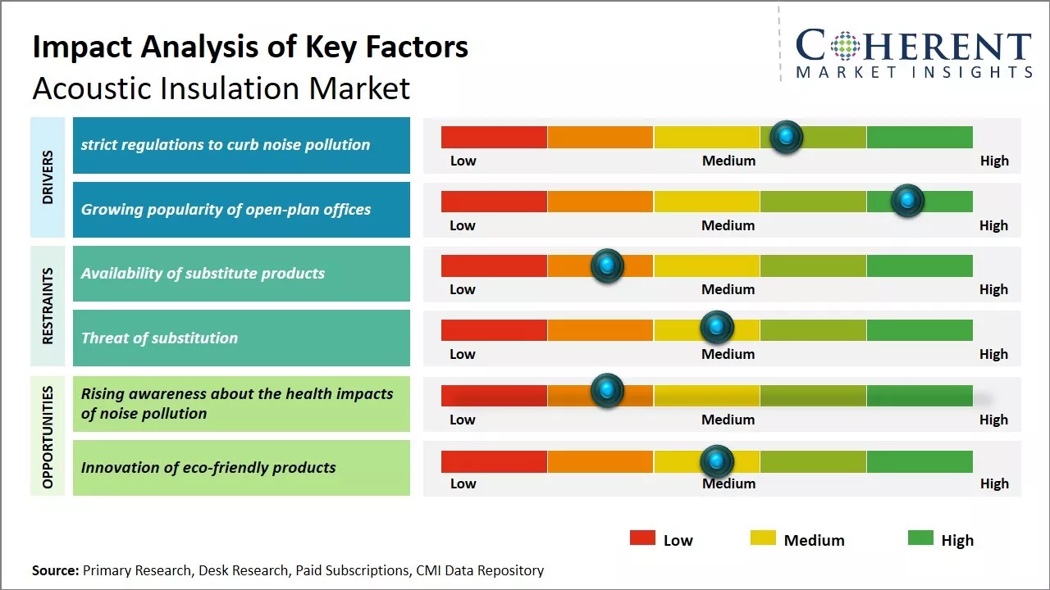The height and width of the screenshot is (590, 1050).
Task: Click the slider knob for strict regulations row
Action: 786,137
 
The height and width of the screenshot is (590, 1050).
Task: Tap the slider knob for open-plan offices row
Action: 907,201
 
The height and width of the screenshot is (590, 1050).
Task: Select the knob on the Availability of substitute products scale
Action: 607,265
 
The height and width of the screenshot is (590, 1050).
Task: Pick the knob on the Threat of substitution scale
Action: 717,328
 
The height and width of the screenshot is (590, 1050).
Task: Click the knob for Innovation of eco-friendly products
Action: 717,462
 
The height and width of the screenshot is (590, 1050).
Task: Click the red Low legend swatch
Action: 642,538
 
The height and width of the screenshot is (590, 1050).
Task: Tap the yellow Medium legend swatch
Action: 763,538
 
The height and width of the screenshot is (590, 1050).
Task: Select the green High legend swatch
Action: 920,538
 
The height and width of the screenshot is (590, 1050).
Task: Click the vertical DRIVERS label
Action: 48,177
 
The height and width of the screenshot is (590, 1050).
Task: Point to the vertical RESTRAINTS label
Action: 48,306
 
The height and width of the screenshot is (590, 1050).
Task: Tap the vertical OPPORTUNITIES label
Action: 48,437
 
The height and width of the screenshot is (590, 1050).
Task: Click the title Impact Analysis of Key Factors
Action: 250,47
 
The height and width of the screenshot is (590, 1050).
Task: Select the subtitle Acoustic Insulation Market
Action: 221,88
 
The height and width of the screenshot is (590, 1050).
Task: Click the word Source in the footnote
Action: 55,570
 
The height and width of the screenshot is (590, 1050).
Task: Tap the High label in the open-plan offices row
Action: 993,225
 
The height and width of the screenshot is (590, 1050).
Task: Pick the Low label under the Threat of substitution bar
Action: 463,354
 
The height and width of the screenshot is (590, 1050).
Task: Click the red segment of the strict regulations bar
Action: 494,137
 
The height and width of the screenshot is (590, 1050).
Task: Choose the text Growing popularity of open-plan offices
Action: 226,210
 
